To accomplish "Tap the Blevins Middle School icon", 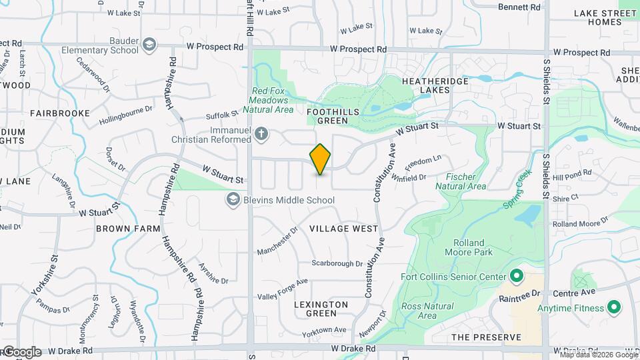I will coord(233,199).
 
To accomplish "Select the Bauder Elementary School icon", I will coord(149,45).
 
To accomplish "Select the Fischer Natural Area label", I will coord(461,181).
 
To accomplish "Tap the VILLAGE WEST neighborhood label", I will coord(344,229).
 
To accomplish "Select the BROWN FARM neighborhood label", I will coord(128,229).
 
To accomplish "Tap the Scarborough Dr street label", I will coord(337,264).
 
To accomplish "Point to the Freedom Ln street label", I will coord(423,162).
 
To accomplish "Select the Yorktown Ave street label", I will coord(324,330).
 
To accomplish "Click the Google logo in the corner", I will coord(22,351).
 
